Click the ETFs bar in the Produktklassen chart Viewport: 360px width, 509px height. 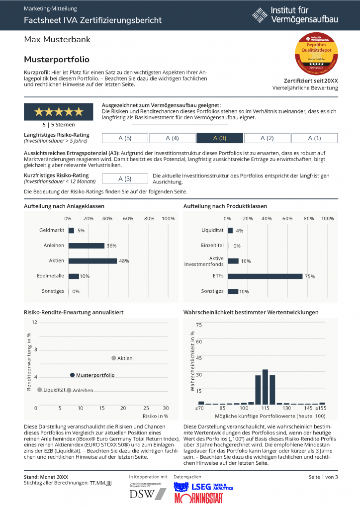[x=265, y=276]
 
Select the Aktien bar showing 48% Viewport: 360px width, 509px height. [x=92, y=261]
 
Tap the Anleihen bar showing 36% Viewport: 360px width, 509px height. [x=87, y=246]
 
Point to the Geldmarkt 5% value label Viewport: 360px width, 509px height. [x=81, y=231]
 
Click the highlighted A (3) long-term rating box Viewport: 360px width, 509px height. [x=219, y=138]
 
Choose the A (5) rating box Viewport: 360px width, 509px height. [x=125, y=138]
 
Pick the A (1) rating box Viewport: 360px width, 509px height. [x=314, y=138]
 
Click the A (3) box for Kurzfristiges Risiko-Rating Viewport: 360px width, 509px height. [x=125, y=178]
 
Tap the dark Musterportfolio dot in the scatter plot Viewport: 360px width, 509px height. [x=72, y=375]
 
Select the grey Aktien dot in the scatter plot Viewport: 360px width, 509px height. [x=113, y=358]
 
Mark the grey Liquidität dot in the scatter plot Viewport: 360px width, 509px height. [x=39, y=390]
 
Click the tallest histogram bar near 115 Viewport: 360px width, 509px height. [x=265, y=387]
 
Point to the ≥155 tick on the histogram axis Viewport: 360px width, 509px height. [x=322, y=408]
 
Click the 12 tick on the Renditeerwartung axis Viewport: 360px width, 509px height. [x=35, y=322]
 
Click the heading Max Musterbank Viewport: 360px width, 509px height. [x=57, y=39]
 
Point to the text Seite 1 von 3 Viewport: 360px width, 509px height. [x=323, y=477]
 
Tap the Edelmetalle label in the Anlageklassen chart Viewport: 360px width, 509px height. [x=50, y=276]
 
